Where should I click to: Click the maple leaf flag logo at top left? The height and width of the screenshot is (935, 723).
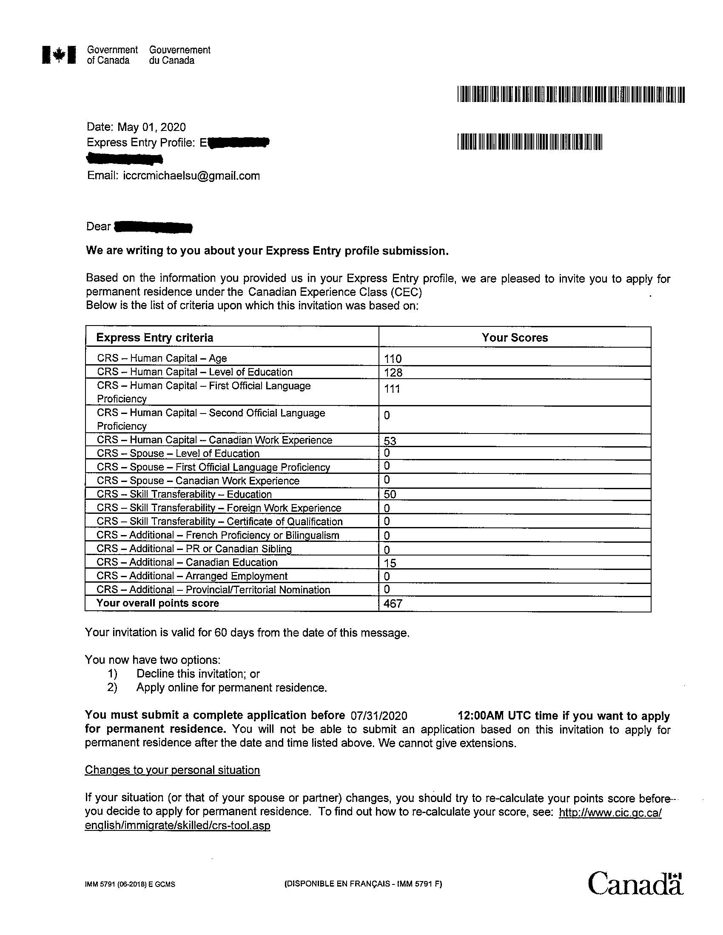tap(59, 55)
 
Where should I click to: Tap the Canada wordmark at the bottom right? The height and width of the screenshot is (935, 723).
tap(635, 883)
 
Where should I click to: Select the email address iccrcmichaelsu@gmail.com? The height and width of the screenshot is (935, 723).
tap(191, 176)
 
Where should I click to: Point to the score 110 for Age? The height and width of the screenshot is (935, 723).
tap(393, 359)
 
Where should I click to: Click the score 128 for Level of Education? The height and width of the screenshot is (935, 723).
tap(393, 372)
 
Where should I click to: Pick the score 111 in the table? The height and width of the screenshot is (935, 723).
tap(392, 389)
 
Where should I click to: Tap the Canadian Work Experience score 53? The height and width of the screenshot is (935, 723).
tap(390, 441)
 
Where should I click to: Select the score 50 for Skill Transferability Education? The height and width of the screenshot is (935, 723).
tap(390, 494)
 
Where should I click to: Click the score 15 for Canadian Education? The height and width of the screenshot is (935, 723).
tap(390, 564)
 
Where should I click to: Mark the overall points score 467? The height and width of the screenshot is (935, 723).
tap(393, 603)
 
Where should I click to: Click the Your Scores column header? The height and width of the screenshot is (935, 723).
tap(515, 338)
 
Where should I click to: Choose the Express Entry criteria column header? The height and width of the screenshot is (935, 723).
tap(155, 338)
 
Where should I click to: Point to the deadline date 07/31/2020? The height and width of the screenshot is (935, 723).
tap(379, 716)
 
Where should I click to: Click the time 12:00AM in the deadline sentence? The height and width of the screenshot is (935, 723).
tap(481, 716)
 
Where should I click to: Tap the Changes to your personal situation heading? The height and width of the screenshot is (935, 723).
tap(172, 770)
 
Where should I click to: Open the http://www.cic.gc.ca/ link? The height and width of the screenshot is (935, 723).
tap(610, 812)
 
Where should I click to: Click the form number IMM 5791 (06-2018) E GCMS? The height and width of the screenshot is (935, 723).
tap(130, 884)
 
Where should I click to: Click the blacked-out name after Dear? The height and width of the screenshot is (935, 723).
tap(154, 227)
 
